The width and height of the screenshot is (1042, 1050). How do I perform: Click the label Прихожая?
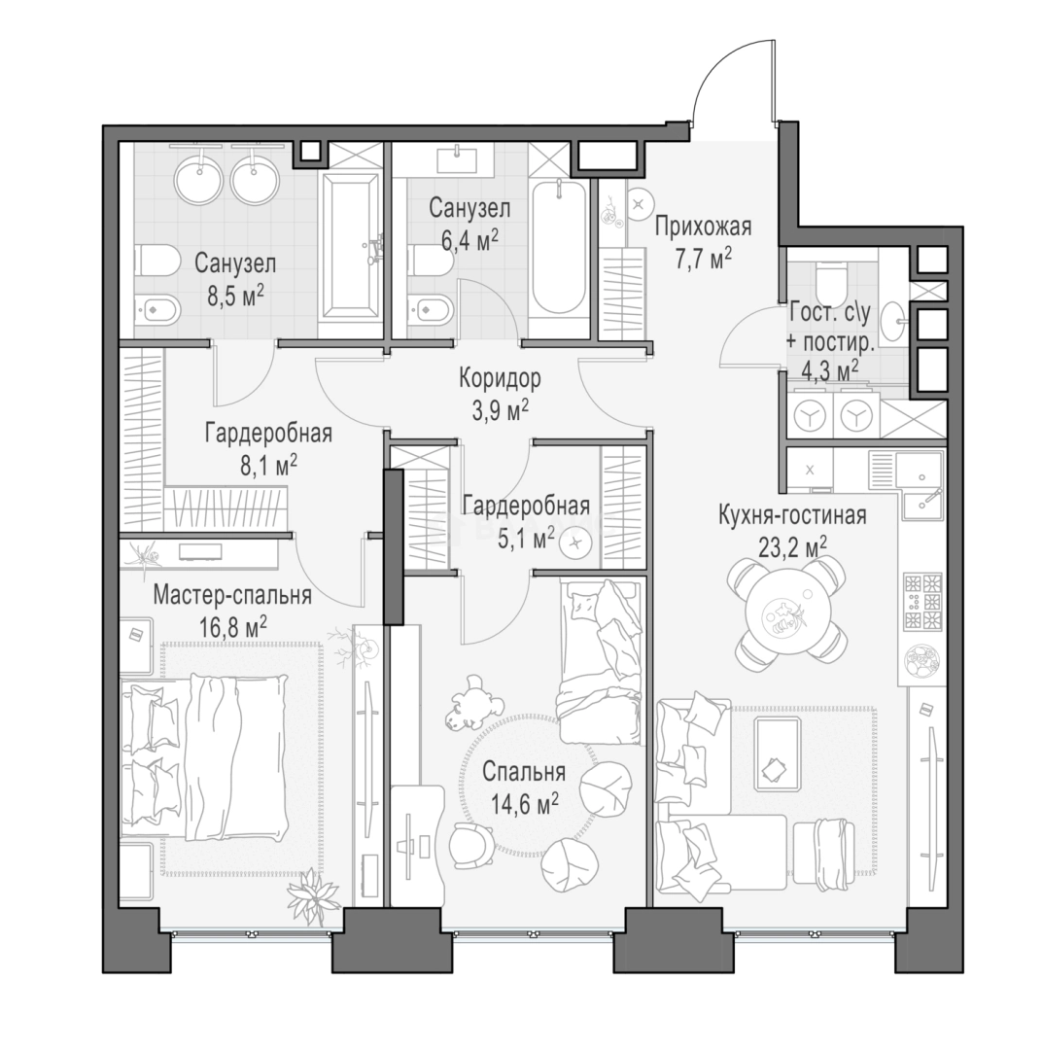click(x=703, y=227)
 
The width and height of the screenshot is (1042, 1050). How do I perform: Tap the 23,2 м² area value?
click(x=792, y=547)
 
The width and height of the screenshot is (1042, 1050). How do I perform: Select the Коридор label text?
click(x=500, y=379)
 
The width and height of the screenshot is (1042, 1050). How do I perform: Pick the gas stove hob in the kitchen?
click(x=922, y=601)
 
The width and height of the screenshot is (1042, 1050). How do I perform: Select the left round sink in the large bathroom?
click(x=199, y=178)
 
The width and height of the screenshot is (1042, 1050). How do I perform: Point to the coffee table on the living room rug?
click(x=777, y=754)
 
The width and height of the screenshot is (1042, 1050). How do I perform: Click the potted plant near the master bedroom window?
click(x=312, y=897)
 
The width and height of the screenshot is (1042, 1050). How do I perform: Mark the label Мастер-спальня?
click(x=232, y=595)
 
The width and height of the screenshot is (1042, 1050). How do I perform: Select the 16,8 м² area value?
click(x=233, y=627)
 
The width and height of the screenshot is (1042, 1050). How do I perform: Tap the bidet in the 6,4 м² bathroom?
click(x=430, y=309)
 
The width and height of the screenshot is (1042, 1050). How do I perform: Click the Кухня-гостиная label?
click(x=792, y=515)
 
